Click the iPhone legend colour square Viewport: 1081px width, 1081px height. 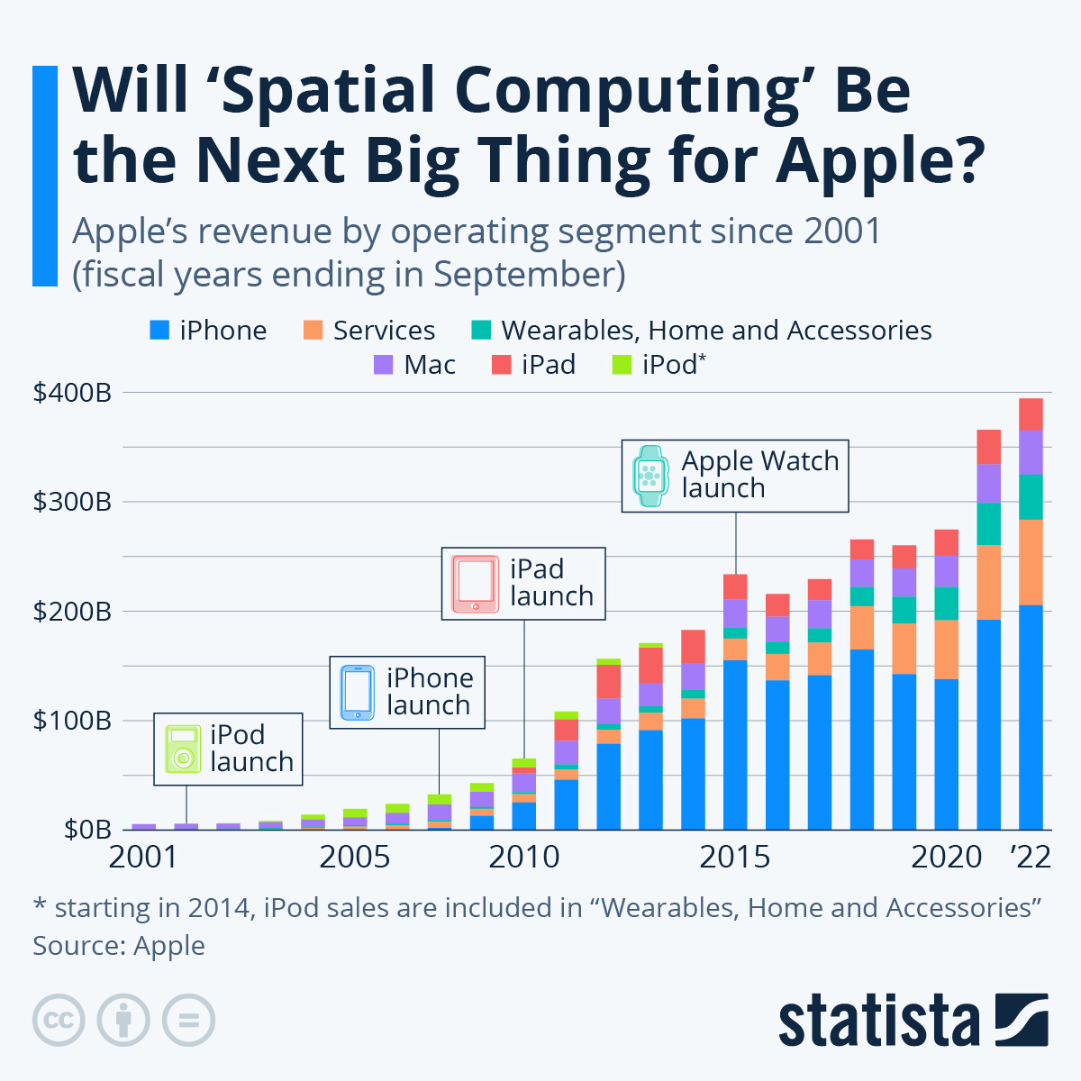159,331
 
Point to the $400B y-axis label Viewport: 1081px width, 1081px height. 72,393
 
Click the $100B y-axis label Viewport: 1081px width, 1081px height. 72,721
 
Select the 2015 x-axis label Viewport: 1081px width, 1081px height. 735,857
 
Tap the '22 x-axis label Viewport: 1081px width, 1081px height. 1031,857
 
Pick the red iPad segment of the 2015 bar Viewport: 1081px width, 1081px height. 735,586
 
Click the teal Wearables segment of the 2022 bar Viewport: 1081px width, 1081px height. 1031,496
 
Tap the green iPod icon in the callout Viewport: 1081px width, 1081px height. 183,749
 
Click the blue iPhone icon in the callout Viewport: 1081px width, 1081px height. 357,692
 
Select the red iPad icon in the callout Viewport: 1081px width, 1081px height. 475,584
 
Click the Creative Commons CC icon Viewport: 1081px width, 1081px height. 59,1021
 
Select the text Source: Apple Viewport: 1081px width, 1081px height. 119,946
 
